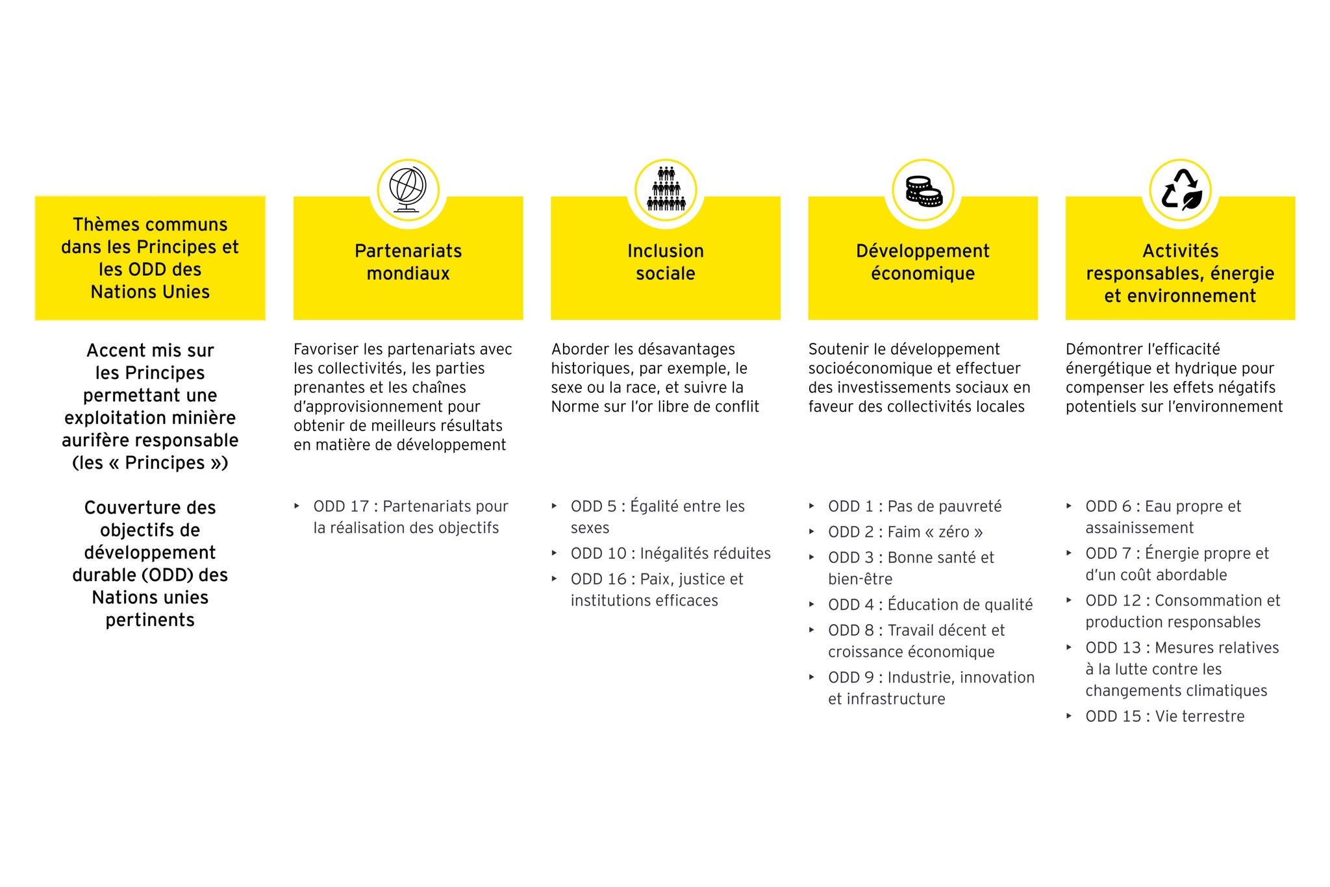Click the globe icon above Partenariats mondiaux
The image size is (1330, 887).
click(408, 190)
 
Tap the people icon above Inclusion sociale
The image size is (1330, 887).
click(666, 190)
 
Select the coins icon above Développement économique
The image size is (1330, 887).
click(923, 191)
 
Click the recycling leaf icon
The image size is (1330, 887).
click(1181, 191)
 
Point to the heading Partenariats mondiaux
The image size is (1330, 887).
click(408, 262)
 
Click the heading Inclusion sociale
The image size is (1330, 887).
click(666, 262)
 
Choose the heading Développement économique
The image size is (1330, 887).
click(923, 262)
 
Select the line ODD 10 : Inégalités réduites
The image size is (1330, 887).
click(670, 553)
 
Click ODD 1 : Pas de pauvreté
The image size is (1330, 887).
click(914, 506)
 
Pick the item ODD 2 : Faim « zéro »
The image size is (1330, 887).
click(905, 532)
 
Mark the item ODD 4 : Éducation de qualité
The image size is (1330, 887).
click(930, 605)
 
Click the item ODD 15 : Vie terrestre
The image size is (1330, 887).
click(1164, 716)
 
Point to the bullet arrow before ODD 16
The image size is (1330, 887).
click(555, 579)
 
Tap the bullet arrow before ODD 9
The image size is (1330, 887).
click(812, 677)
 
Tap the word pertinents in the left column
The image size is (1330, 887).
click(150, 620)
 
